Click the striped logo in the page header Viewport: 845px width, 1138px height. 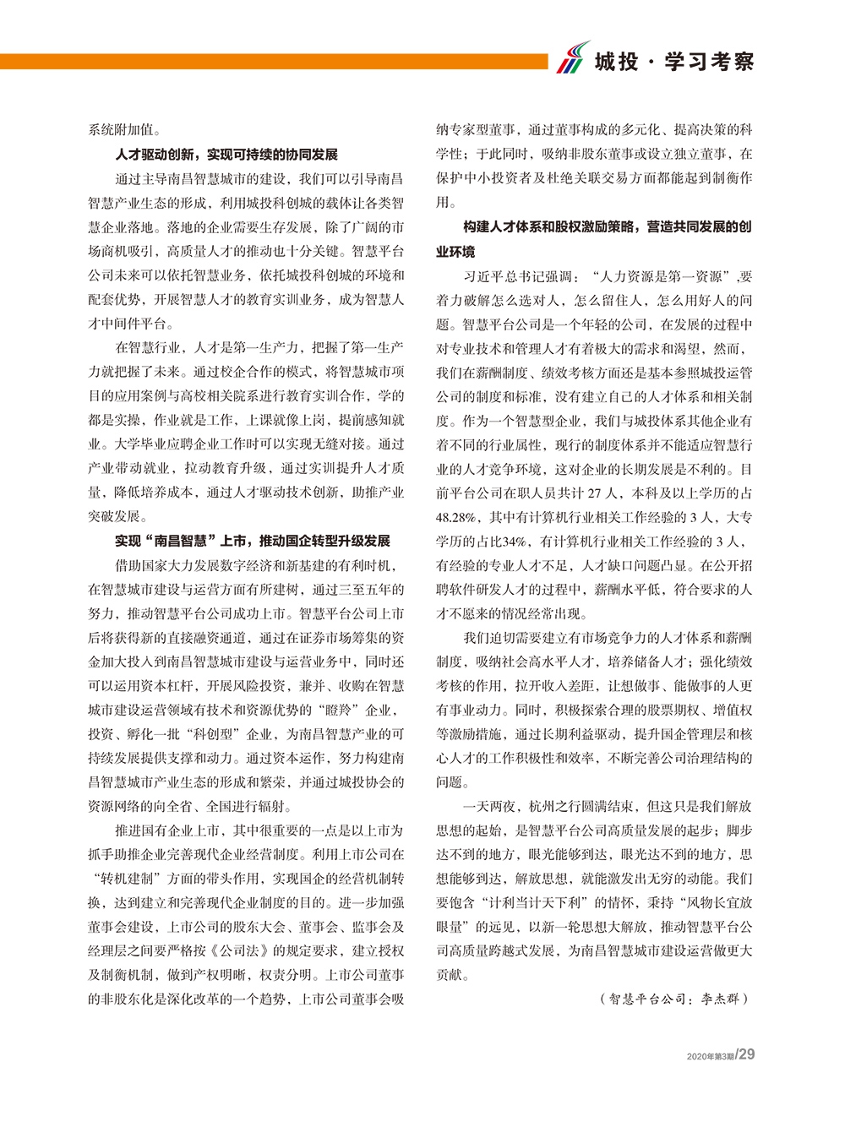574,58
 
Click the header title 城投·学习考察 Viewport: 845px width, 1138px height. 673,62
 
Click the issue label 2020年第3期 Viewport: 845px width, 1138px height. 711,1056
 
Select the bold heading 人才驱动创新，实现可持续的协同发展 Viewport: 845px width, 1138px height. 226,155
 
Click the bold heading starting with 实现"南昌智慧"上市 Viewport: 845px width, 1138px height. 252,541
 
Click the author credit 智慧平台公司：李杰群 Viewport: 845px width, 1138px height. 675,999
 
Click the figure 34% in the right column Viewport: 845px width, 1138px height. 515,542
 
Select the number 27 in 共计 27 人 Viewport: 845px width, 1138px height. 596,493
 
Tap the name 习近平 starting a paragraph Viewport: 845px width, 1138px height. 482,275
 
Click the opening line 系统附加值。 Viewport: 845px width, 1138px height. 126,130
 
